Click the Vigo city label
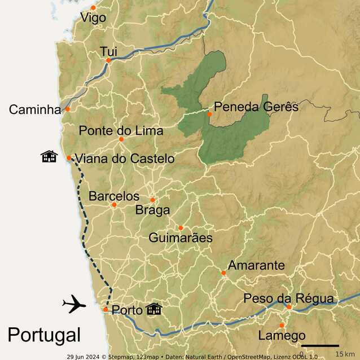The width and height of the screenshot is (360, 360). tap(93, 18)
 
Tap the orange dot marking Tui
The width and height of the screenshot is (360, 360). tap(108, 60)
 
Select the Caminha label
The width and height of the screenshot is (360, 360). tap(34, 109)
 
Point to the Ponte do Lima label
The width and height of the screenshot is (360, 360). tap(121, 131)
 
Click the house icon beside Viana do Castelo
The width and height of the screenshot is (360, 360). tap(49, 156)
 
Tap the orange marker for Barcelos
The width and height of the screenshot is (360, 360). tap(114, 205)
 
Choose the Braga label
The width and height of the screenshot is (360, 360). tap(152, 210)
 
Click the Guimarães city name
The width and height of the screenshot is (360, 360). tap(181, 238)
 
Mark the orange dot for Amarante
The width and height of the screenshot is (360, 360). tap(223, 273)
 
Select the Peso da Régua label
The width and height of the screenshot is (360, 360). tap(289, 298)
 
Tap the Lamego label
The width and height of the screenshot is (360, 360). tap(282, 336)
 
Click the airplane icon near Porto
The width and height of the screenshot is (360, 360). tap(74, 305)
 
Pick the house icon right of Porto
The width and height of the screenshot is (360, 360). tap(154, 309)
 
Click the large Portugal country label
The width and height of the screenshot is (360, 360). tap(44, 335)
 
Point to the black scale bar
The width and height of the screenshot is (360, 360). tap(320, 345)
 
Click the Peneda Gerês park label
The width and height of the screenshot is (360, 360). tap(256, 107)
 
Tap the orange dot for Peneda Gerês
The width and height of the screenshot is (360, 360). tap(209, 114)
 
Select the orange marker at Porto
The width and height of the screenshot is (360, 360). tap(106, 309)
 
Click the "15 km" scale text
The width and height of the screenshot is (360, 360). tap(345, 354)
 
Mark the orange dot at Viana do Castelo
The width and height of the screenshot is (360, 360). tap(69, 158)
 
